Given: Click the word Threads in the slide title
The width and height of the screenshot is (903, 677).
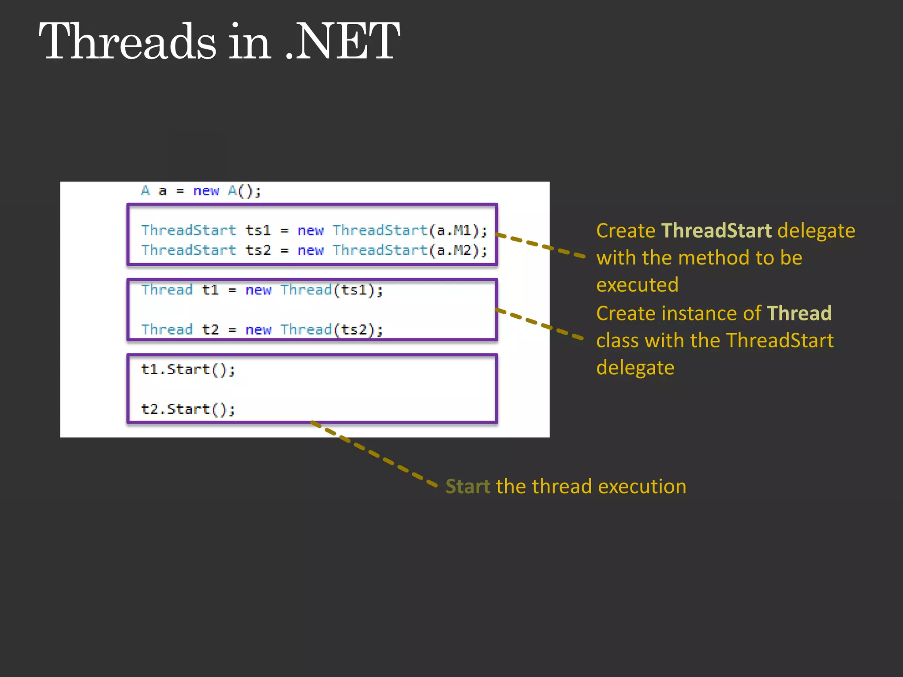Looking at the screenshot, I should (x=128, y=42).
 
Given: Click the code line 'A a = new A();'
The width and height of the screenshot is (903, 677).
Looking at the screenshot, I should (x=201, y=191).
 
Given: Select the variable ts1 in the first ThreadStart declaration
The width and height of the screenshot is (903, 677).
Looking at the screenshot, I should (x=258, y=230).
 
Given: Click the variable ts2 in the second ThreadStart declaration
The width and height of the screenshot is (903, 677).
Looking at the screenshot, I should (x=258, y=250).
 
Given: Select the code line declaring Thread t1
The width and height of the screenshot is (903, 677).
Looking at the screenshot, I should (x=262, y=290).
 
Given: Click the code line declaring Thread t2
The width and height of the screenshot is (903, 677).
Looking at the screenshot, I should (x=262, y=330).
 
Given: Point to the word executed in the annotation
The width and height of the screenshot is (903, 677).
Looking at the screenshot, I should (x=637, y=285).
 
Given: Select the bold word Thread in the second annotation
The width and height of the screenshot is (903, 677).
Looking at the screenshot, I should (x=799, y=313).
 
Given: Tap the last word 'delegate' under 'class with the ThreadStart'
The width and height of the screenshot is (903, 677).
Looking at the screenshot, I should (x=635, y=368).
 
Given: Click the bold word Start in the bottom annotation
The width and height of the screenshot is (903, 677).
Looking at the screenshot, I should (x=468, y=487).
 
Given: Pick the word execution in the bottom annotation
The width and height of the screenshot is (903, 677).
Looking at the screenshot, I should (x=642, y=487).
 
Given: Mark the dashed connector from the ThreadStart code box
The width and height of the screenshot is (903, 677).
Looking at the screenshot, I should (x=540, y=245).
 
